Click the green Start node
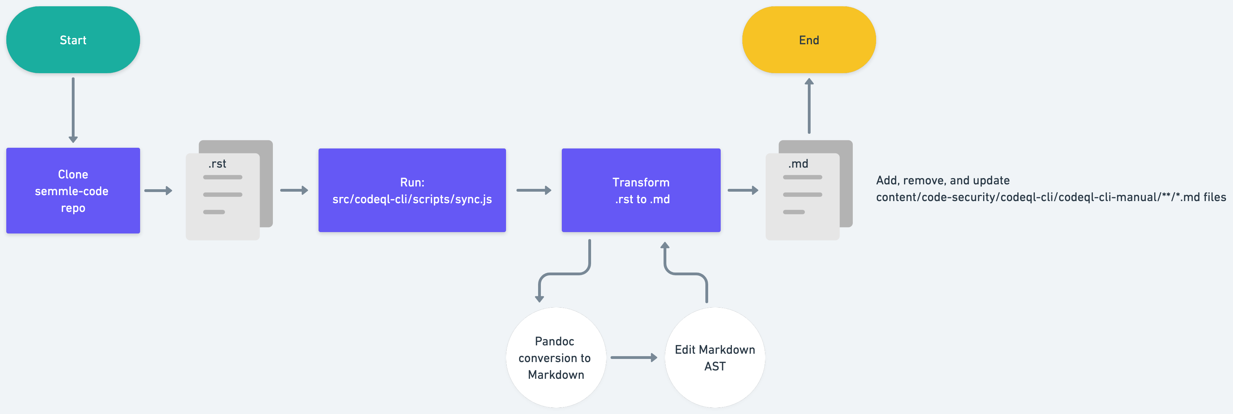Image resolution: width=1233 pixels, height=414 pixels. [73, 40]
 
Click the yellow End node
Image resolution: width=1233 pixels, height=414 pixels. [809, 40]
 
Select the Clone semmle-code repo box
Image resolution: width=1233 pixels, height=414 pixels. [73, 191]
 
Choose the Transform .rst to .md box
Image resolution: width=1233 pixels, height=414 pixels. [641, 191]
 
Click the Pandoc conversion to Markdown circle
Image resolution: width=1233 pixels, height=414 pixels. [555, 358]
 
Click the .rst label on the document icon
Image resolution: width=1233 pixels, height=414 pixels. [217, 164]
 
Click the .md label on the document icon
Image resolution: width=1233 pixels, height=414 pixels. [798, 164]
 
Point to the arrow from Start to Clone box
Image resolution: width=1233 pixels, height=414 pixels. [73, 110]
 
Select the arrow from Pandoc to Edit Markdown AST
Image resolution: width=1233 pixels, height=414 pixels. [633, 358]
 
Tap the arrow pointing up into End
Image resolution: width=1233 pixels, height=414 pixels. [809, 106]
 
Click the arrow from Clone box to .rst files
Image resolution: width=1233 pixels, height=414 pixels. [158, 191]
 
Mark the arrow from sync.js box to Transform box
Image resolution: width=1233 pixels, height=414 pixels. [533, 191]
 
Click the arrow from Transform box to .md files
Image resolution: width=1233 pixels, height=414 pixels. [742, 191]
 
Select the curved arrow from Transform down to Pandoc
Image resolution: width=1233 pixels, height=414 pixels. [565, 274]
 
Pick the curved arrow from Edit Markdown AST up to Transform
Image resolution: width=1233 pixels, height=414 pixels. [686, 274]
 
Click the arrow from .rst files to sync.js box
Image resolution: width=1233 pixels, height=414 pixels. [293, 191]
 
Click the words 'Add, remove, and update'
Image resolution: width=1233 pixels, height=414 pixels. [942, 181]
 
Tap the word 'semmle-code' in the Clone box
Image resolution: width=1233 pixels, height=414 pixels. [72, 191]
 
